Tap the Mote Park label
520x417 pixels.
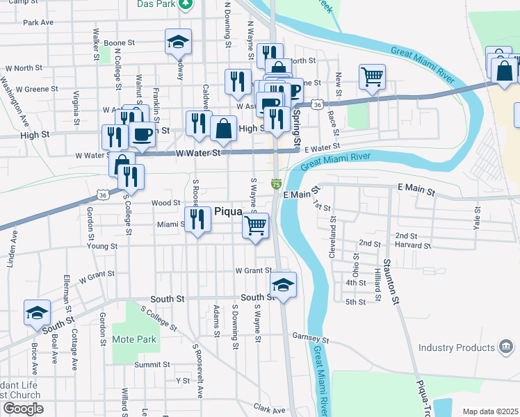(x=134, y=340)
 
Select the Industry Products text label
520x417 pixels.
(x=455, y=347)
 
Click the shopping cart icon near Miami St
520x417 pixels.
(x=256, y=225)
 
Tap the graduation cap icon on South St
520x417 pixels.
(x=283, y=284)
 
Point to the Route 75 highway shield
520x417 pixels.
(x=276, y=184)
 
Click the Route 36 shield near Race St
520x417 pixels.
(x=317, y=104)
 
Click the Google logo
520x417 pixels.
(x=22, y=409)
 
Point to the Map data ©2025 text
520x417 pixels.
(x=489, y=411)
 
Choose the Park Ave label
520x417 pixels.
(x=38, y=22)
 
